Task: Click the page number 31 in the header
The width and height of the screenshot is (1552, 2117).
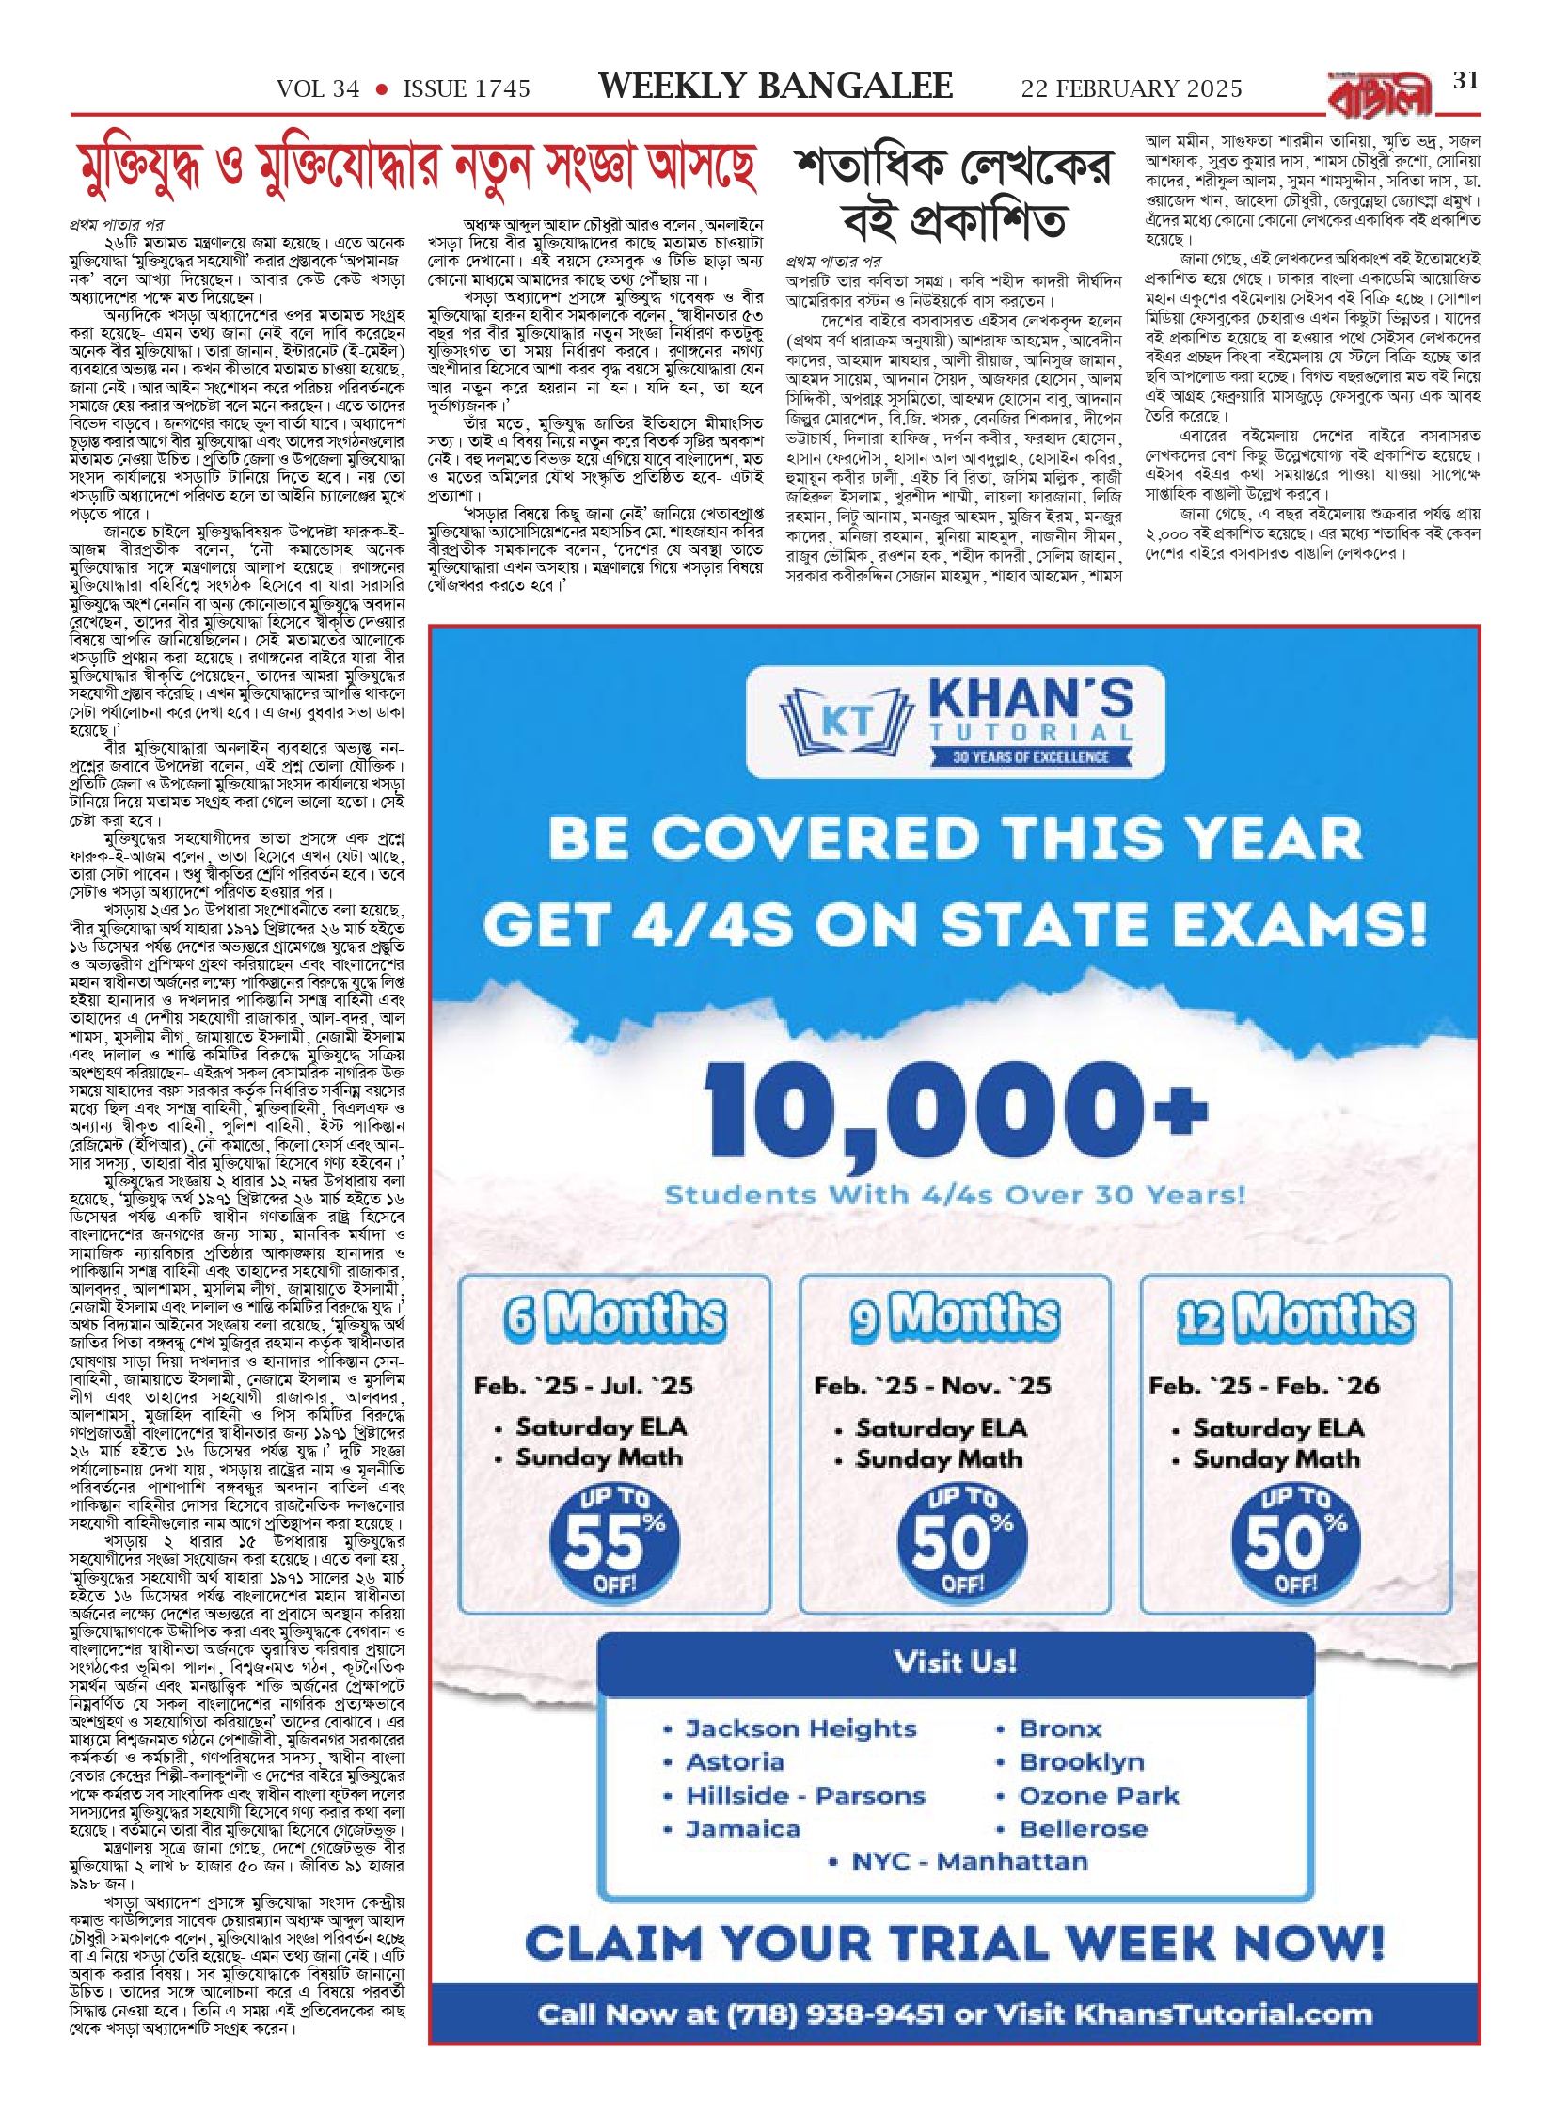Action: (1465, 81)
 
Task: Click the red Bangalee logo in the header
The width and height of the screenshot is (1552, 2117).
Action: (1381, 95)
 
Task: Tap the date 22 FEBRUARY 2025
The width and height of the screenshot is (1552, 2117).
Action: (1131, 89)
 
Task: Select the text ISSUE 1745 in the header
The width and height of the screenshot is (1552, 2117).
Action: (467, 89)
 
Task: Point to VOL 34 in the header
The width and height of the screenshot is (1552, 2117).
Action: (318, 89)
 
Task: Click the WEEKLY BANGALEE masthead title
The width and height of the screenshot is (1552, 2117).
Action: (775, 87)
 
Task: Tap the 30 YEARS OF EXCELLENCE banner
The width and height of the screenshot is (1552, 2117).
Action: (1030, 756)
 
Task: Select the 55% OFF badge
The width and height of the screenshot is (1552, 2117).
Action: (614, 1543)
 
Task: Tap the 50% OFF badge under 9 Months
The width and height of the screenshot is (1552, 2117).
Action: (961, 1543)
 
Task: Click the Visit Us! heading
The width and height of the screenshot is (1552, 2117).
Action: (955, 1662)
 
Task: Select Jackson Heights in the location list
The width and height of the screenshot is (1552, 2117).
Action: (800, 1728)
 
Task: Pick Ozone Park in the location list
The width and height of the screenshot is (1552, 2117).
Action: (1099, 1795)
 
